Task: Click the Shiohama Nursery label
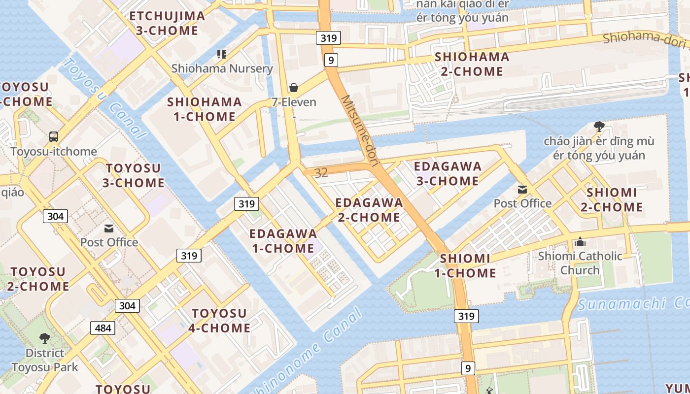tap(222, 68)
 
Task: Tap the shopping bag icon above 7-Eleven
tap(294, 88)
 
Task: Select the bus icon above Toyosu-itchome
tap(54, 137)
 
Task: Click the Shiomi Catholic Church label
tap(580, 263)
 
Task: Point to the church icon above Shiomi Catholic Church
tap(580, 242)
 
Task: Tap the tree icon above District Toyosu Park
tap(45, 338)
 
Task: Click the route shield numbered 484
tap(103, 328)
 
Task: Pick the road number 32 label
tap(321, 173)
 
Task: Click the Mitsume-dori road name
tap(359, 131)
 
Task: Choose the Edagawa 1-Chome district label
tap(283, 241)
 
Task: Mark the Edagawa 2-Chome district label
tap(369, 210)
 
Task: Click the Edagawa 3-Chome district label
tap(448, 173)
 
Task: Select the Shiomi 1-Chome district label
tap(468, 265)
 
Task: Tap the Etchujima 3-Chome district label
tap(167, 23)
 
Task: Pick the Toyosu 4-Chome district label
tap(219, 321)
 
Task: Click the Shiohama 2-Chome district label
tap(472, 64)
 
